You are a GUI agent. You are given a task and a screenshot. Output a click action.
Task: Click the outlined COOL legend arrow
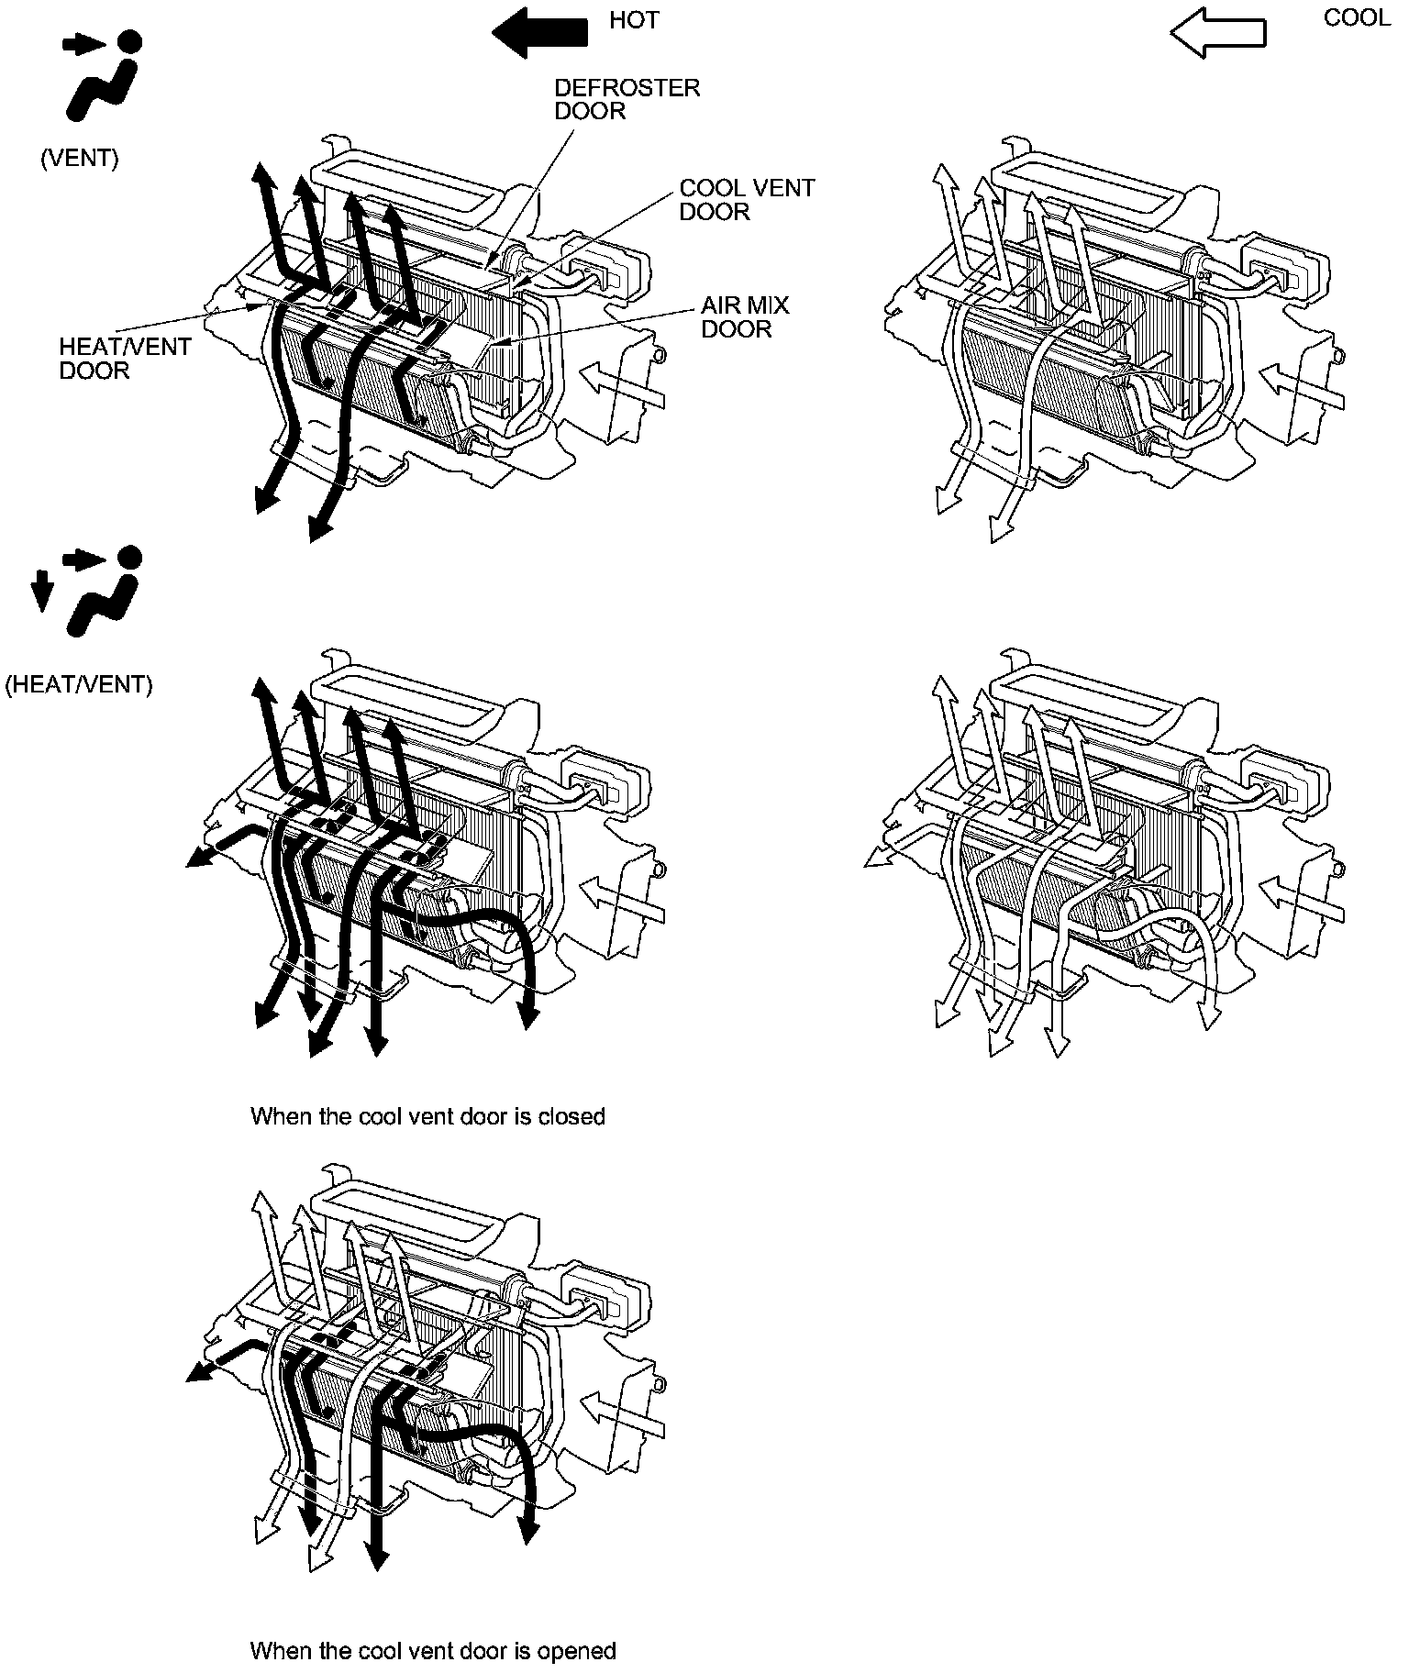click(x=1217, y=34)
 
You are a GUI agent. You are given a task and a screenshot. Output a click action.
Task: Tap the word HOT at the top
click(x=634, y=20)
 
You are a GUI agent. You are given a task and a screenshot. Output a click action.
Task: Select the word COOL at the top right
click(x=1357, y=18)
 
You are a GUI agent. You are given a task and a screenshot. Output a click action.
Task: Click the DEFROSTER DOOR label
click(x=627, y=99)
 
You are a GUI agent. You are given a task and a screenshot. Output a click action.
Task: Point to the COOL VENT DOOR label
click(x=747, y=199)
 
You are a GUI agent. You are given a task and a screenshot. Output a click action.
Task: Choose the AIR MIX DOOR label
click(x=745, y=316)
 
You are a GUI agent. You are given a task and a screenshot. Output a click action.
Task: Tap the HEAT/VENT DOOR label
click(x=125, y=359)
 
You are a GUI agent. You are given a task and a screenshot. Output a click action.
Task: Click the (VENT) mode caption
click(x=80, y=158)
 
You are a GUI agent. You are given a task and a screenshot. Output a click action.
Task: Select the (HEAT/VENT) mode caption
click(x=79, y=684)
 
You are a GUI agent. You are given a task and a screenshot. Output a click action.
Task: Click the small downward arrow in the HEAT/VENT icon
click(x=39, y=591)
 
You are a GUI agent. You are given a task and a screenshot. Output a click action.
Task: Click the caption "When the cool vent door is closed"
click(x=427, y=1116)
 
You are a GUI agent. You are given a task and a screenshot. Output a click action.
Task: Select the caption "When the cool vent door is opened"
click(x=433, y=1651)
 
